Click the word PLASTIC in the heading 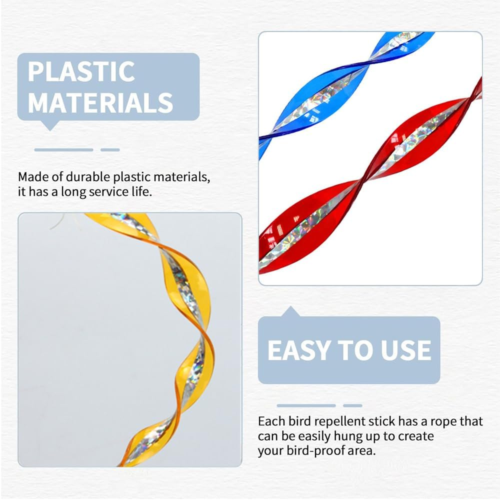pyautogui.click(x=81, y=71)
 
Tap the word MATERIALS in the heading pyautogui.click(x=100, y=102)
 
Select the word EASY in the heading pyautogui.click(x=299, y=350)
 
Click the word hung pyautogui.click(x=347, y=436)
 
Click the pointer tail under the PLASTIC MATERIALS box pyautogui.click(x=50, y=125)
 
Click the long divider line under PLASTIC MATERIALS pyautogui.click(x=64, y=150)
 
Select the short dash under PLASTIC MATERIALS pyautogui.click(x=110, y=150)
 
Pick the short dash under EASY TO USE pyautogui.click(x=352, y=405)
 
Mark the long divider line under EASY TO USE pyautogui.click(x=306, y=405)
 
